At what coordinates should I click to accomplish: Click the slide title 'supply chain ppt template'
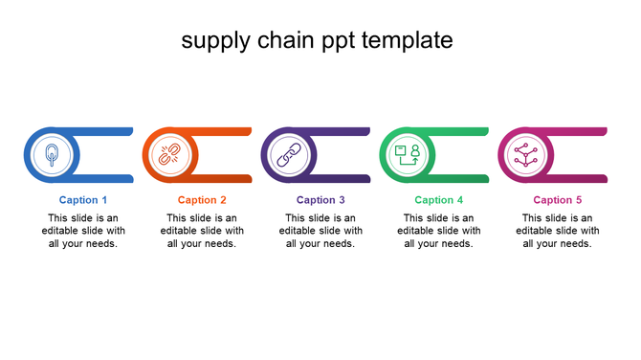tap(317, 40)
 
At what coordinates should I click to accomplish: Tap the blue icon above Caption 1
tap(52, 154)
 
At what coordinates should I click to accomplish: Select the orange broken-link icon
tap(170, 154)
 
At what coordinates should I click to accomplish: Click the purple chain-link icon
tap(289, 154)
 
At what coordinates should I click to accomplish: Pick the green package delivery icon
tap(408, 154)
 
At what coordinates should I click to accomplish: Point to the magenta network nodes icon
tap(526, 154)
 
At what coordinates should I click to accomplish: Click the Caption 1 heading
tap(83, 200)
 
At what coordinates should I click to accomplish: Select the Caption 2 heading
tap(202, 200)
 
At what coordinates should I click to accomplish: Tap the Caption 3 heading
tap(320, 200)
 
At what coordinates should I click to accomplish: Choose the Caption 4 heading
tap(439, 200)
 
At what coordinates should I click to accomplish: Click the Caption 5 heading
tap(558, 200)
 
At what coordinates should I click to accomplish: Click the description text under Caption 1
tap(83, 231)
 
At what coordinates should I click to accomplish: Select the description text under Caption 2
tap(202, 231)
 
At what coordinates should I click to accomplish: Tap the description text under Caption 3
tap(320, 231)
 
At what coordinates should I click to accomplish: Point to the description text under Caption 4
tap(439, 231)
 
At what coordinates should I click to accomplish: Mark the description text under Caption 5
tap(558, 231)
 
